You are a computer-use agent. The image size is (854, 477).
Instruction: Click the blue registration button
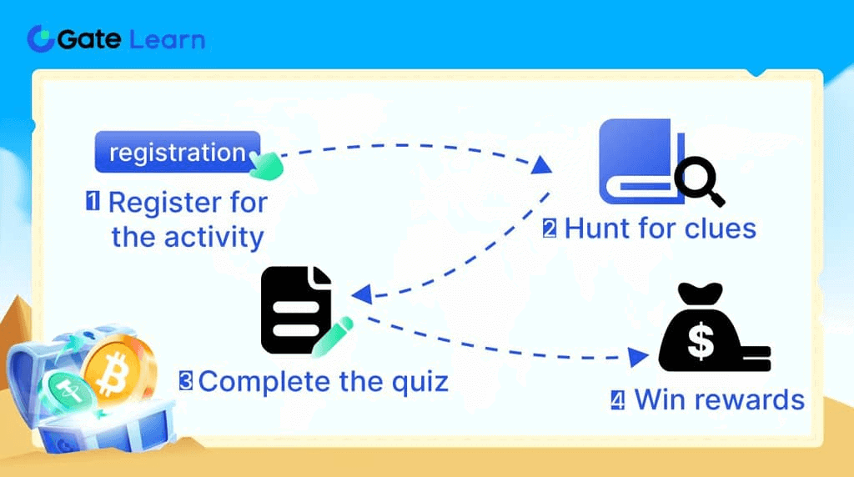pos(177,152)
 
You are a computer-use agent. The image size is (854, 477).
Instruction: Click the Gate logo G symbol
pos(41,38)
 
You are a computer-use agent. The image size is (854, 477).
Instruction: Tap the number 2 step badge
pos(550,228)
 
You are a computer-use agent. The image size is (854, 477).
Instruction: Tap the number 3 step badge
pos(187,381)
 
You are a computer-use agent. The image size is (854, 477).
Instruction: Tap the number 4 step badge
pos(617,399)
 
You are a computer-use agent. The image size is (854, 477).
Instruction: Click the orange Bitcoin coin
pos(112,370)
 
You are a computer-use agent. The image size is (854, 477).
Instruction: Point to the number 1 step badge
pos(93,202)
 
